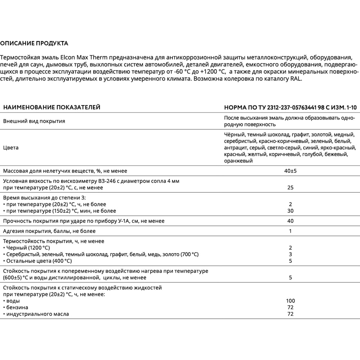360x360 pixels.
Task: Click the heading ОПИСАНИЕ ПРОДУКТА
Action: coord(34,44)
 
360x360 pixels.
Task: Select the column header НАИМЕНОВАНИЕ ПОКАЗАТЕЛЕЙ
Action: coord(51,107)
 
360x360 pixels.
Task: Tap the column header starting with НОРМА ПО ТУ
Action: coord(290,107)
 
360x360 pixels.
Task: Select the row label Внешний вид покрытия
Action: coord(34,121)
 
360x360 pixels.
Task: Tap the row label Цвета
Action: coord(11,148)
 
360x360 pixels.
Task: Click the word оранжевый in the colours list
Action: coord(238,161)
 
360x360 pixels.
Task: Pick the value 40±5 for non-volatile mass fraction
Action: coord(291,171)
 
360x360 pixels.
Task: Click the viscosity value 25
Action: coord(291,188)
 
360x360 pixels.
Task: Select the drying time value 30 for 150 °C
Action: coord(291,211)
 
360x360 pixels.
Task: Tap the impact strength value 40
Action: coord(291,221)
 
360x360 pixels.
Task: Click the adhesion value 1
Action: coord(291,231)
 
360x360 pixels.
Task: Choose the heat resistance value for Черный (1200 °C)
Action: coord(291,248)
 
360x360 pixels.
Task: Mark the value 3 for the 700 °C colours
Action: coord(291,254)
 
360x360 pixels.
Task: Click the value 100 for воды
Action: coord(291,301)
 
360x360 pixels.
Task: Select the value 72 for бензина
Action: coord(291,307)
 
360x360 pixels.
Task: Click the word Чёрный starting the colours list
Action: coord(234,135)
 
